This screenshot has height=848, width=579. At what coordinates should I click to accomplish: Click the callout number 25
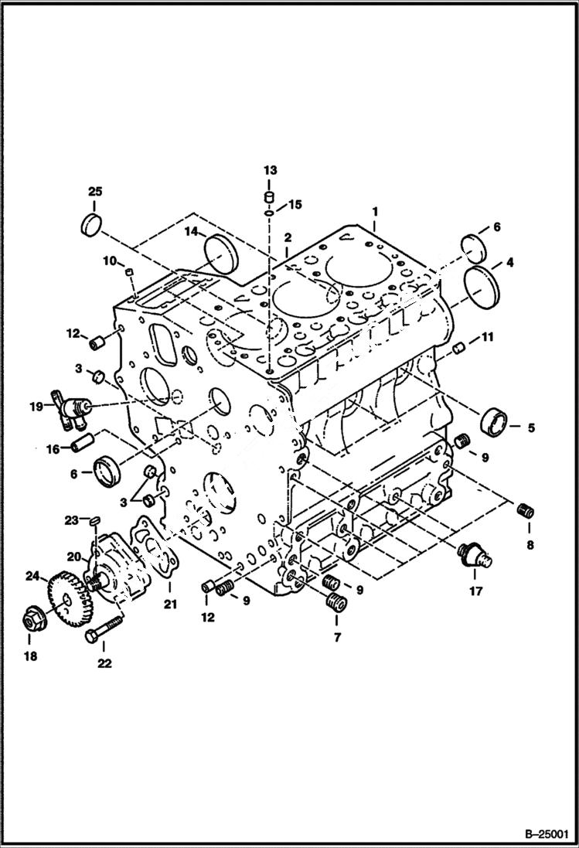(94, 191)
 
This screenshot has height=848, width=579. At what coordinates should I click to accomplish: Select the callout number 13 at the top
(268, 169)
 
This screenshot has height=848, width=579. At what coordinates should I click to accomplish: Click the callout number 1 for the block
(375, 210)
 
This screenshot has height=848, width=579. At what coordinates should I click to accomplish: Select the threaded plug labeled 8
(527, 509)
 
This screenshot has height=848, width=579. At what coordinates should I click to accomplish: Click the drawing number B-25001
(541, 833)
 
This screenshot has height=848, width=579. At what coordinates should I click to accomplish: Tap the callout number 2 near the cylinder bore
(286, 238)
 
